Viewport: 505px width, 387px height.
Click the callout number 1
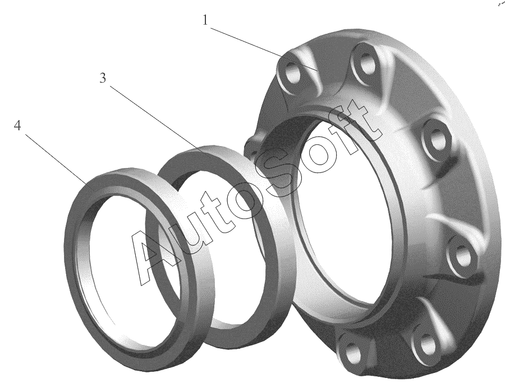(x=205, y=21)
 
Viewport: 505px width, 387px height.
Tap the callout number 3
(x=103, y=78)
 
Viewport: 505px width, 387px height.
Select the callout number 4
(x=17, y=125)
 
